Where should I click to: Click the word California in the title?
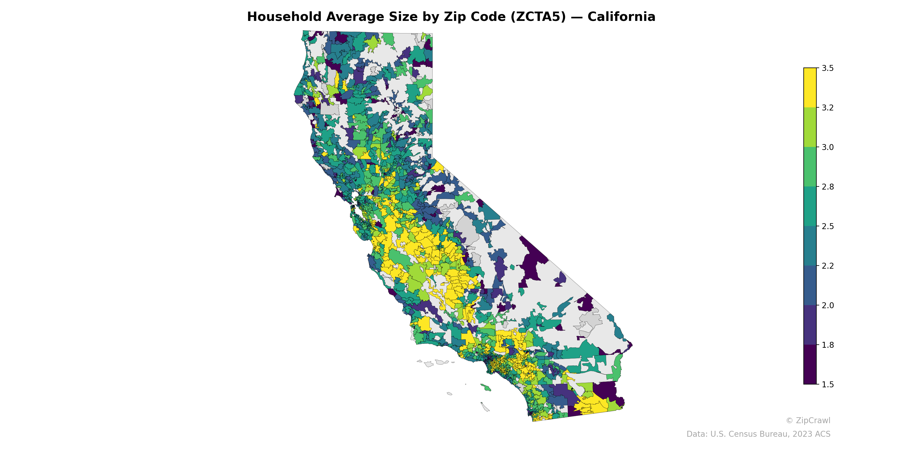[x=621, y=17]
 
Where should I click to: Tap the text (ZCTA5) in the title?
[x=538, y=17]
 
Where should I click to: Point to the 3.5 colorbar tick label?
[x=828, y=68]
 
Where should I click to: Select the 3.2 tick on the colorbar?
[x=828, y=108]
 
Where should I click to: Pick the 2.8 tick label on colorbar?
[x=828, y=187]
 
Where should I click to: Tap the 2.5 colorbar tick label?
[x=828, y=226]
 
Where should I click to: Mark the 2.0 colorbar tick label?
[x=828, y=305]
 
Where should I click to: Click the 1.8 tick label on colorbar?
[x=828, y=345]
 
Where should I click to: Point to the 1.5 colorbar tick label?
[x=828, y=384]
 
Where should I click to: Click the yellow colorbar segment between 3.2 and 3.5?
[x=810, y=88]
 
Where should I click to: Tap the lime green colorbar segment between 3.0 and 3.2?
[x=810, y=127]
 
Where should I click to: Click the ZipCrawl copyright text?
[x=808, y=420]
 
